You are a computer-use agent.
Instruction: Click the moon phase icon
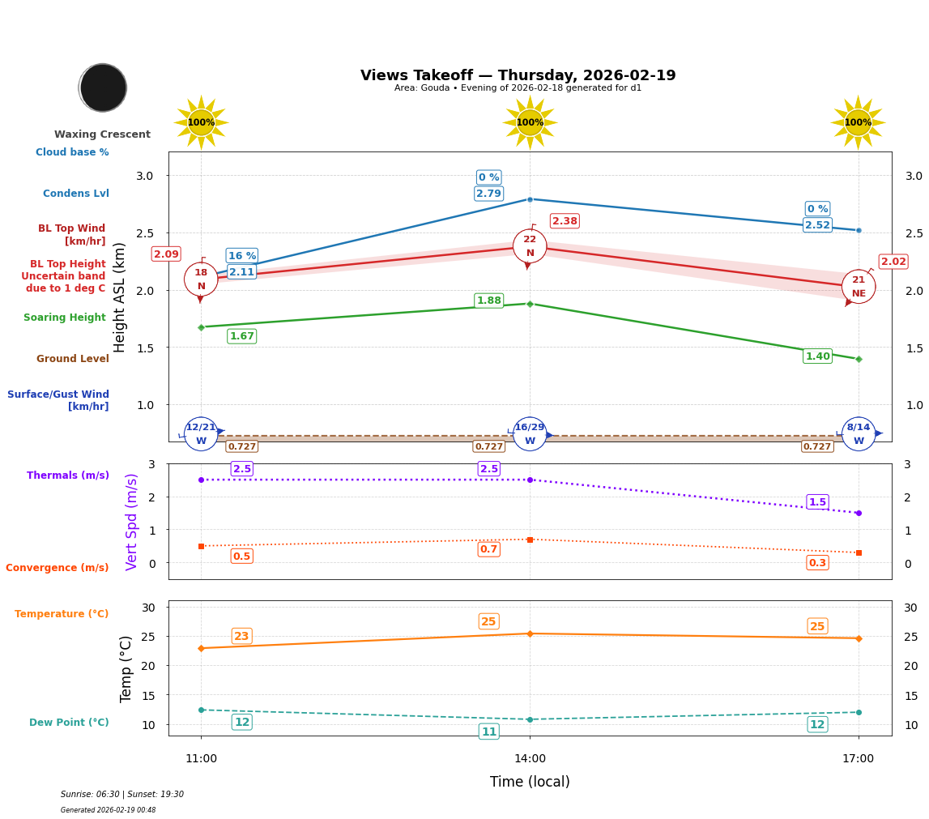tap(103, 87)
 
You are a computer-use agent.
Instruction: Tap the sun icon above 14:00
tap(530, 122)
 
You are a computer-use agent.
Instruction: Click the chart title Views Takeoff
tap(518, 75)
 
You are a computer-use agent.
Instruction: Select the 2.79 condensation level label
tap(488, 194)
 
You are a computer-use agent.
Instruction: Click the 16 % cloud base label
tap(241, 256)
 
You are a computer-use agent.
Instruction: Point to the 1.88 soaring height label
tap(488, 301)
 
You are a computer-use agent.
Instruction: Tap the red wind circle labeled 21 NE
tap(858, 287)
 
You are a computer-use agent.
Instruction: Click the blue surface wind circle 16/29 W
tap(530, 434)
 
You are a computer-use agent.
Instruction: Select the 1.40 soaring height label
tap(817, 356)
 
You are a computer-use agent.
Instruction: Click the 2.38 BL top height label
tap(565, 221)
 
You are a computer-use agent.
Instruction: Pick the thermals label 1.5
tap(817, 502)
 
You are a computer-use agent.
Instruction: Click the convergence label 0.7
tap(488, 549)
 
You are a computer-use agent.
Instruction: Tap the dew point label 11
tap(488, 732)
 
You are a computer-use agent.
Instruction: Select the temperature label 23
tap(241, 636)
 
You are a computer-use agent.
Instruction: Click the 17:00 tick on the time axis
tap(858, 759)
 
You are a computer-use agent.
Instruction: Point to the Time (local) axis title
tap(530, 782)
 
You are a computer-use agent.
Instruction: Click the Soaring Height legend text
tap(65, 318)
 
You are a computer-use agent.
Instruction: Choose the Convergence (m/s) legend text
tap(58, 568)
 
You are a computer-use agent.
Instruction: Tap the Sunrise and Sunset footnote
tap(122, 795)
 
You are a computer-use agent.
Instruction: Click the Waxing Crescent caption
tap(102, 134)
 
